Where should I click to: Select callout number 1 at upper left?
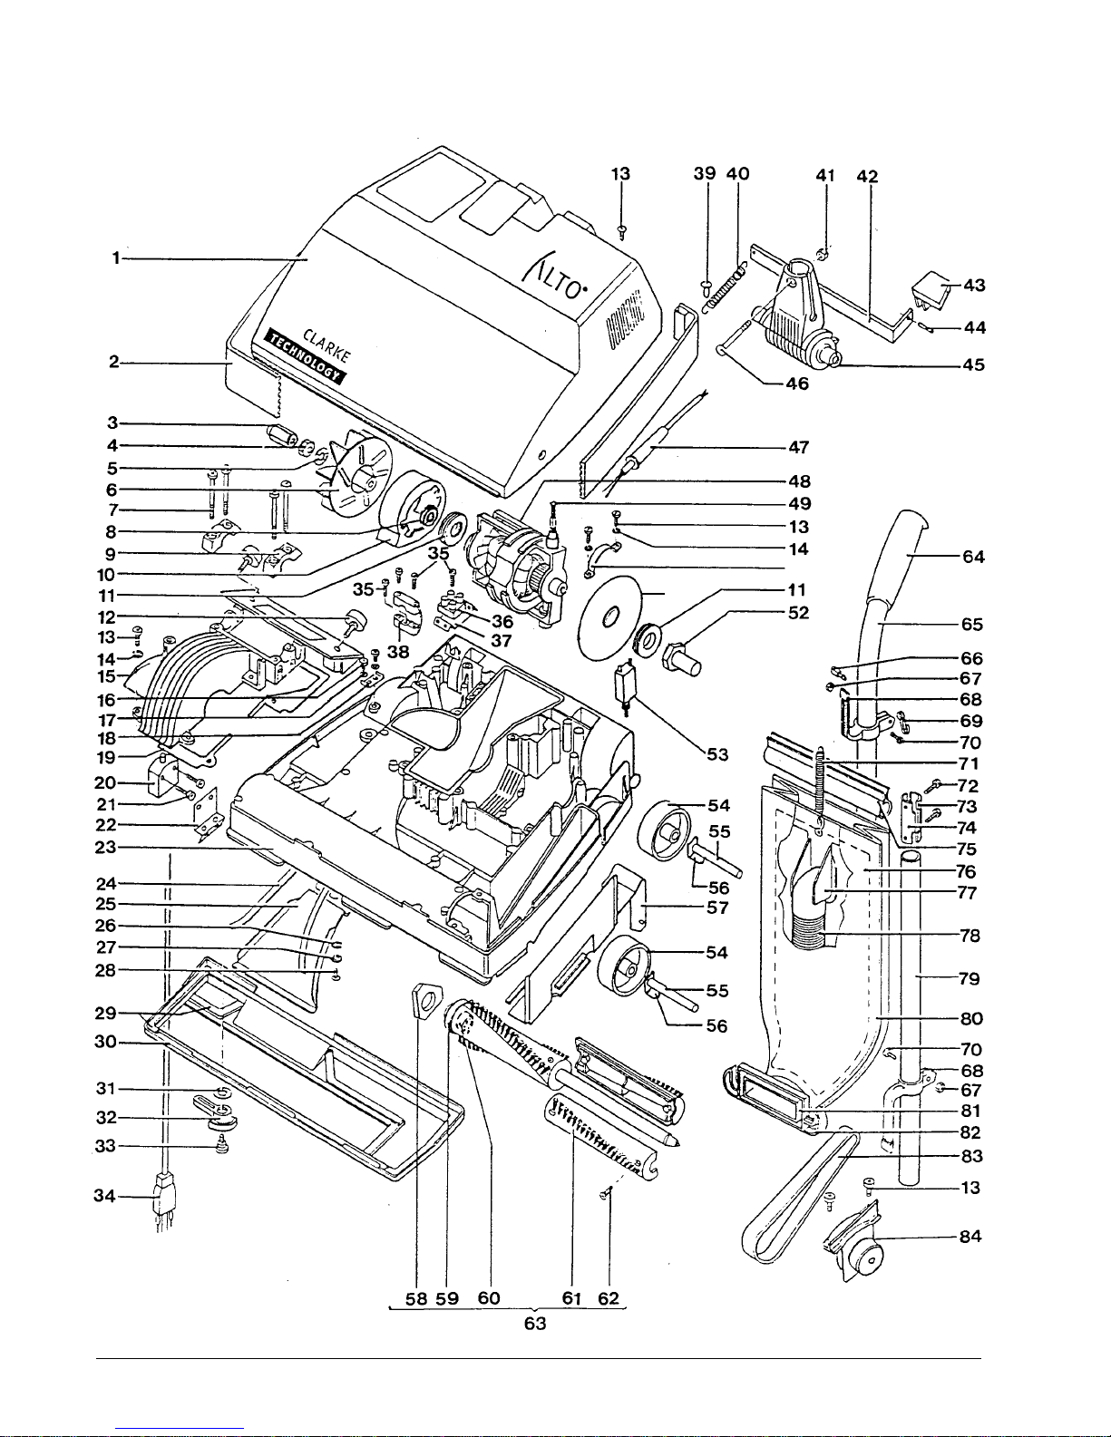pos(116,258)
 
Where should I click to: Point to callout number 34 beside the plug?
pos(105,1196)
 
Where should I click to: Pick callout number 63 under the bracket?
pos(535,1324)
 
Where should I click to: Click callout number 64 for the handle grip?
pos(973,557)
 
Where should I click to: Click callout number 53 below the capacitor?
pos(717,754)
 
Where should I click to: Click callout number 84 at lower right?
pos(970,1237)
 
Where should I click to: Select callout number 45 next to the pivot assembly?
pos(974,365)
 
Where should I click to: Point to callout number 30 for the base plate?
pos(105,1042)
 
